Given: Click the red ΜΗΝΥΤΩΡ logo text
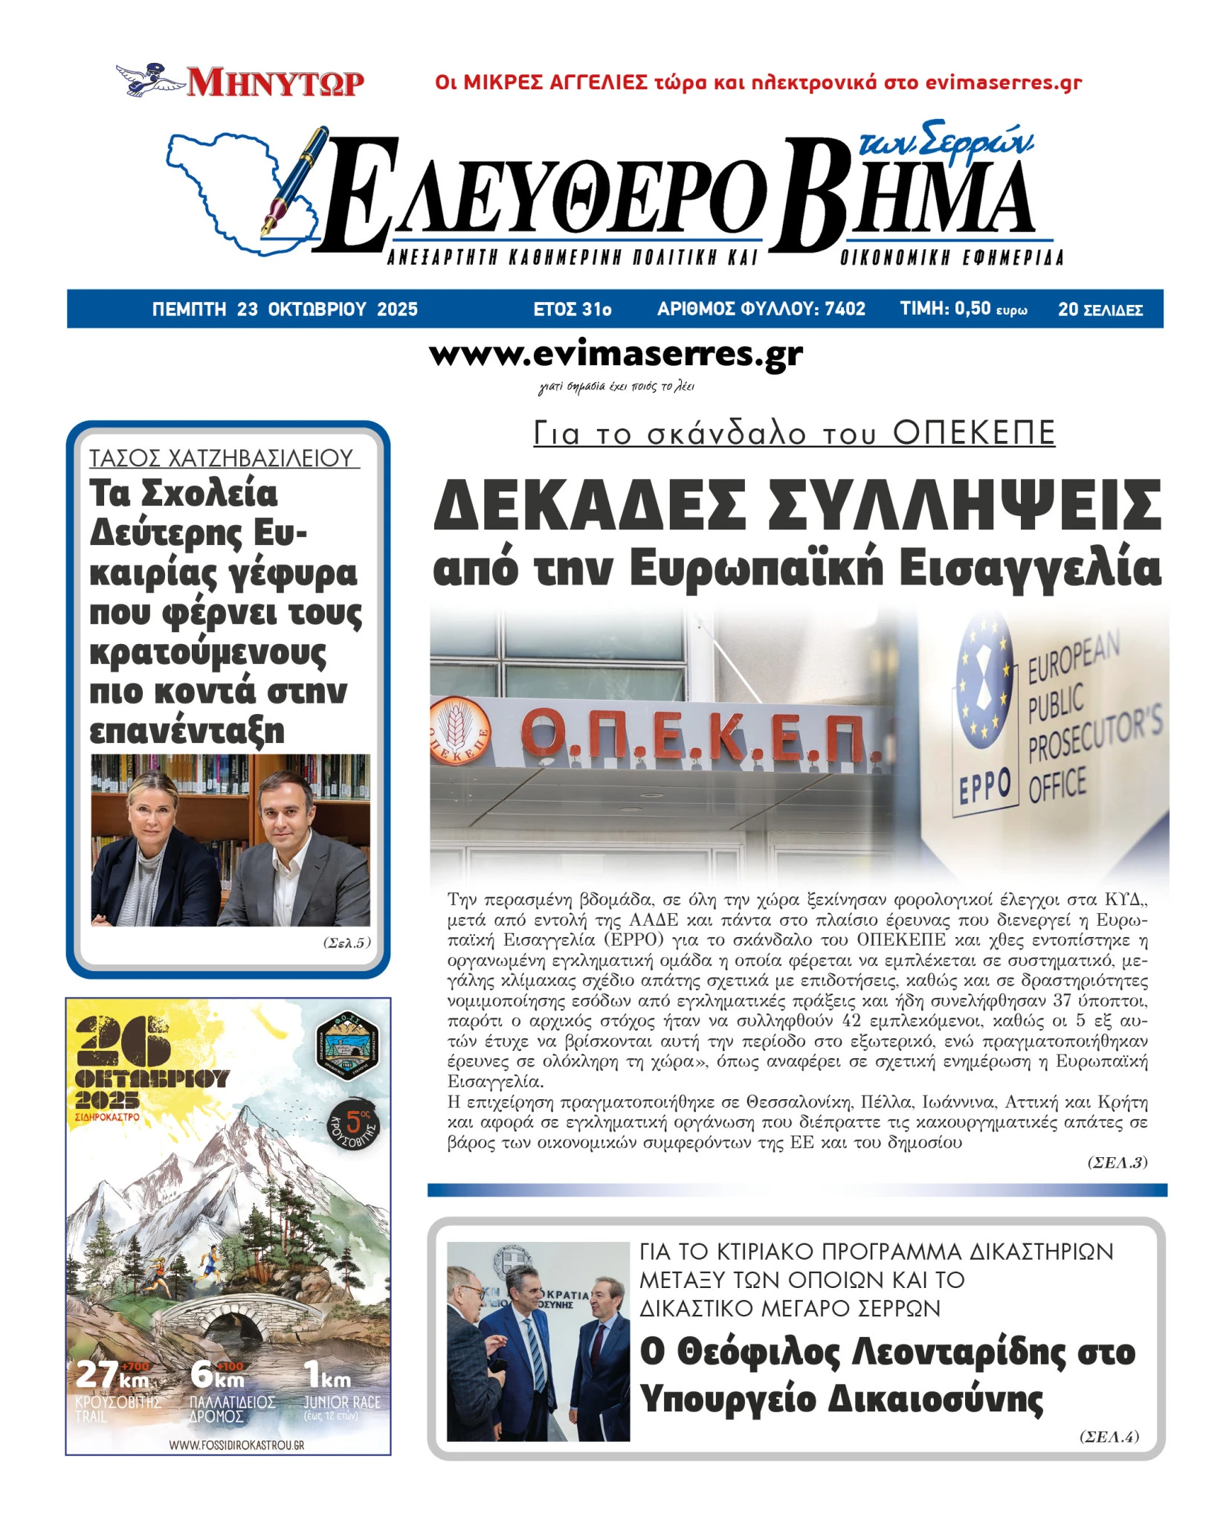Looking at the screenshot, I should [275, 82].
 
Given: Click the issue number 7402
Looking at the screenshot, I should [845, 309].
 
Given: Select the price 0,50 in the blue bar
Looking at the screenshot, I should [973, 309].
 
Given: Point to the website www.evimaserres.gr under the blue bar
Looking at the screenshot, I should [616, 354].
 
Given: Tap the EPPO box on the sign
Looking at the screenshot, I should [984, 786].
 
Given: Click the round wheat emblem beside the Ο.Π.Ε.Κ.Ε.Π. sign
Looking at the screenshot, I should [459, 731].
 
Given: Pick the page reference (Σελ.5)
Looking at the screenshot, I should [346, 943].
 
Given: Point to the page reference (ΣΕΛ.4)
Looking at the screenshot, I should [1108, 1436].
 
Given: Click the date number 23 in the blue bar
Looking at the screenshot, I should [247, 309].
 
